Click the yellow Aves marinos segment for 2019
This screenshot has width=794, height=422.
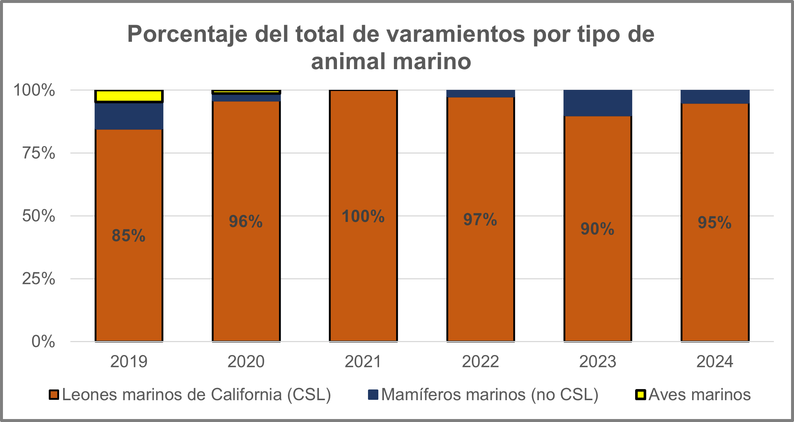point(129,96)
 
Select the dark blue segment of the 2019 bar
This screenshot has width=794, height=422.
point(129,116)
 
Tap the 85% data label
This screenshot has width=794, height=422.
point(129,236)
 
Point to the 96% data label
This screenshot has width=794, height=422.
point(246,222)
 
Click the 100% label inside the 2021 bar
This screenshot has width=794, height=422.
point(363,216)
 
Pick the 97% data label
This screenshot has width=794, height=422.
point(480,220)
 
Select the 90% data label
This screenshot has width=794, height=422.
point(597,229)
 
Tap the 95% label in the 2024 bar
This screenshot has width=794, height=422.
point(715,223)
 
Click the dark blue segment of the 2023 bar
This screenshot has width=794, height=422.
point(597,103)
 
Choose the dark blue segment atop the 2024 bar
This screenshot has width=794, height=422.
point(715,97)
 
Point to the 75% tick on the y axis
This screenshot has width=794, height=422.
point(39,153)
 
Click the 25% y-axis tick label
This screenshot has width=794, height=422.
point(39,278)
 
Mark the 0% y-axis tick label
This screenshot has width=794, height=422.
point(43,341)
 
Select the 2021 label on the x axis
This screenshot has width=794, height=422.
point(363,361)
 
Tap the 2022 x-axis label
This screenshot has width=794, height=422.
point(480,361)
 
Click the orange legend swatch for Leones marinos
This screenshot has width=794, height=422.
point(54,395)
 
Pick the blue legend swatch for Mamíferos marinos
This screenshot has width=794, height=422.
point(373,395)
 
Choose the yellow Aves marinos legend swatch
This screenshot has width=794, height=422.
point(640,395)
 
